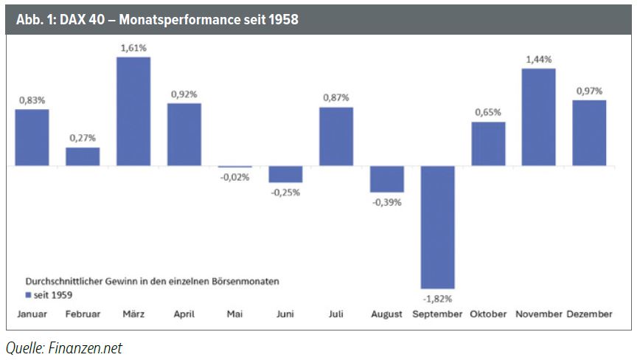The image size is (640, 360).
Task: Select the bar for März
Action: click(x=133, y=111)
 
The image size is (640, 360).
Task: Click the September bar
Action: click(x=438, y=227)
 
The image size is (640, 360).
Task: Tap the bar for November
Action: click(x=538, y=117)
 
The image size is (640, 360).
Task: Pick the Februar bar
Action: click(x=83, y=156)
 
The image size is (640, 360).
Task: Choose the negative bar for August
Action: click(x=387, y=179)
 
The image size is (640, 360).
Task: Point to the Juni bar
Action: click(x=285, y=174)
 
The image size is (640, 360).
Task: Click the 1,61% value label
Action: click(x=133, y=46)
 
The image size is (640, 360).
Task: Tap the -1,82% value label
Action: click(x=438, y=298)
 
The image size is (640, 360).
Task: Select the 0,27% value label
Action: click(x=83, y=138)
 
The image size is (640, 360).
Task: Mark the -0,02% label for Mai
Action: click(x=235, y=177)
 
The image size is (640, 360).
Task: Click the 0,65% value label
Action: click(x=488, y=112)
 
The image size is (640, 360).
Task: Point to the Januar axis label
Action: click(x=32, y=314)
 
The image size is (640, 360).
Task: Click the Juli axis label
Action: click(x=336, y=314)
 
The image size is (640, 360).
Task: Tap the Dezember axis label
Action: click(x=589, y=314)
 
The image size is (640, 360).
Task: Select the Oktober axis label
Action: click(x=488, y=314)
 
